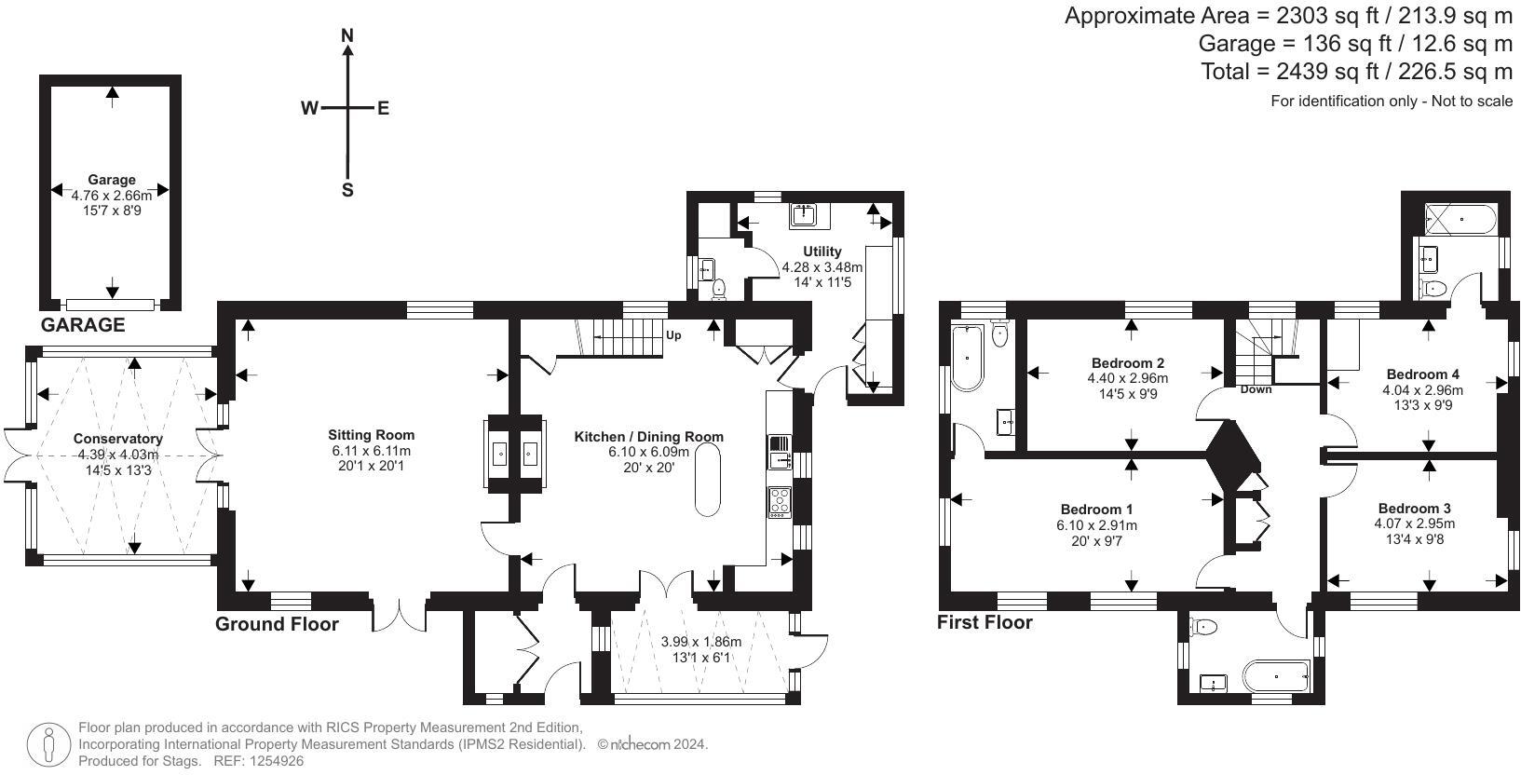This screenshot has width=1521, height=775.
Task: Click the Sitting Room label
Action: point(371,435)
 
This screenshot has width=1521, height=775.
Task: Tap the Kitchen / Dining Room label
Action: point(648,437)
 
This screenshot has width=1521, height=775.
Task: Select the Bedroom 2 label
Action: point(1127,362)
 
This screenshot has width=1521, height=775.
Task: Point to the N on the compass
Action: point(347,35)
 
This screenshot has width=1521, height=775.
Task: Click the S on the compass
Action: point(347,190)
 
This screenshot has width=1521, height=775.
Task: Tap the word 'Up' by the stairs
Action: point(672,334)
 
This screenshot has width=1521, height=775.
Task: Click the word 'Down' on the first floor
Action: point(1256,389)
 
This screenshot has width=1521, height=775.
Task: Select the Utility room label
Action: point(822,252)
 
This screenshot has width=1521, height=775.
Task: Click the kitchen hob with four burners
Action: point(780,502)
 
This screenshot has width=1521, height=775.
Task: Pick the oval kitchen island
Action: point(708,480)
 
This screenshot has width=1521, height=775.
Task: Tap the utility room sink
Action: point(805,214)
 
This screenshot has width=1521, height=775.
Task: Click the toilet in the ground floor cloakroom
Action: point(718,290)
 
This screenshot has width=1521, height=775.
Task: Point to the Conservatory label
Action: point(118,439)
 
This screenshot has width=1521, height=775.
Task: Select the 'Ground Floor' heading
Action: point(277,624)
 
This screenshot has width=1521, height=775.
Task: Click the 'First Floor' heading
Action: point(985,622)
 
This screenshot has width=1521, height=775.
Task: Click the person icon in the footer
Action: point(48,745)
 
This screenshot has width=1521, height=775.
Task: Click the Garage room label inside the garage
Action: point(112,180)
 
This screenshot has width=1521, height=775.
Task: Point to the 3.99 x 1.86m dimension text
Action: point(701,642)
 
